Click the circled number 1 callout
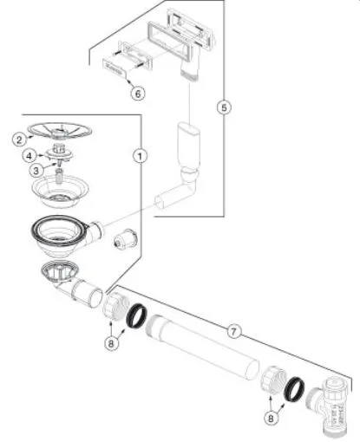pyautogui.click(x=140, y=156)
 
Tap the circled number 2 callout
pyautogui.click(x=19, y=140)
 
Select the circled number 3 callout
pyautogui.click(x=36, y=171)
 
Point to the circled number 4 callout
pyautogui.click(x=29, y=156)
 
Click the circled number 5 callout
pyautogui.click(x=224, y=107)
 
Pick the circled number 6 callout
pyautogui.click(x=138, y=94)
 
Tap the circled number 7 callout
pyautogui.click(x=233, y=331)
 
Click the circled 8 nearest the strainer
pyautogui.click(x=111, y=343)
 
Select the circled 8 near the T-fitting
pyautogui.click(x=271, y=418)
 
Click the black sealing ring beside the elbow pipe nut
pyautogui.click(x=136, y=315)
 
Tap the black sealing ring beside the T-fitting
pyautogui.click(x=294, y=389)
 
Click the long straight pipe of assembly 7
pyautogui.click(x=202, y=348)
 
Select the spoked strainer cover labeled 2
pyautogui.click(x=60, y=131)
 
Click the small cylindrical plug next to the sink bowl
pyautogui.click(x=124, y=240)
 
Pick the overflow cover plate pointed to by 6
pyautogui.click(x=115, y=68)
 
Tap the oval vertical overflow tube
pyautogui.click(x=188, y=146)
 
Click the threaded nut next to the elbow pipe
pyautogui.click(x=115, y=306)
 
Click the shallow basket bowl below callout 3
pyautogui.click(x=60, y=190)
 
